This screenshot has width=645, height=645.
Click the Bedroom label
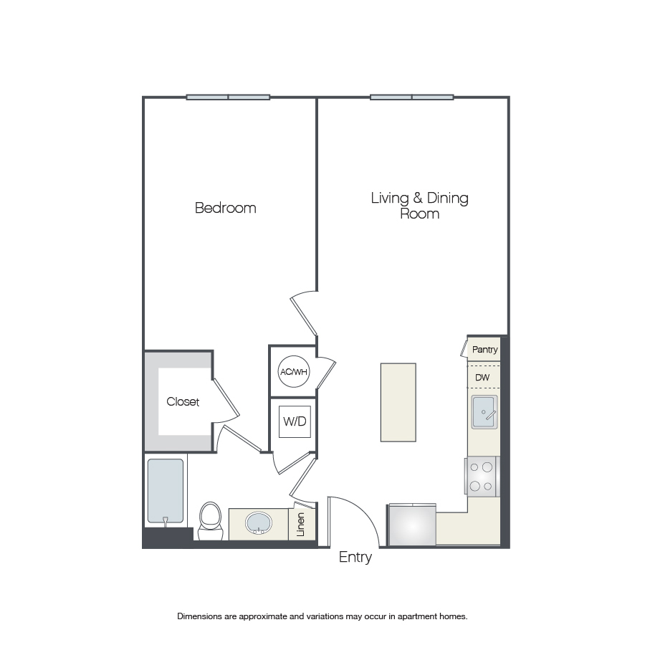(x=226, y=208)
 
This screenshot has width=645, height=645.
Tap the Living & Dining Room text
(x=419, y=206)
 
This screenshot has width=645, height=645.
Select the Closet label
(x=183, y=401)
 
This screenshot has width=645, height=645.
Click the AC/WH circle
(x=294, y=372)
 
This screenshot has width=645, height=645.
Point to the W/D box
(x=295, y=421)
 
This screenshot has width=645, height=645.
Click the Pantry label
(x=485, y=350)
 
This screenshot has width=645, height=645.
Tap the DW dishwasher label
(x=482, y=377)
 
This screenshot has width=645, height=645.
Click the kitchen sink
(x=484, y=412)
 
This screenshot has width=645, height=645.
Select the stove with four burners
(x=482, y=477)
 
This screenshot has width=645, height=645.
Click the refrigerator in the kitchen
(x=412, y=525)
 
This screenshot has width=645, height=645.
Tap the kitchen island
(x=398, y=402)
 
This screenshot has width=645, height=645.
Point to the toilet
(x=210, y=521)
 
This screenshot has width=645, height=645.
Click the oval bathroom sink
(x=258, y=523)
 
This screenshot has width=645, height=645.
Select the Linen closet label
(x=300, y=525)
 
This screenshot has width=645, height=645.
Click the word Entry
(x=355, y=558)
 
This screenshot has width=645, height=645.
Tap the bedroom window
(x=229, y=97)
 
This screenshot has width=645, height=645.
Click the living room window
(x=412, y=97)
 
